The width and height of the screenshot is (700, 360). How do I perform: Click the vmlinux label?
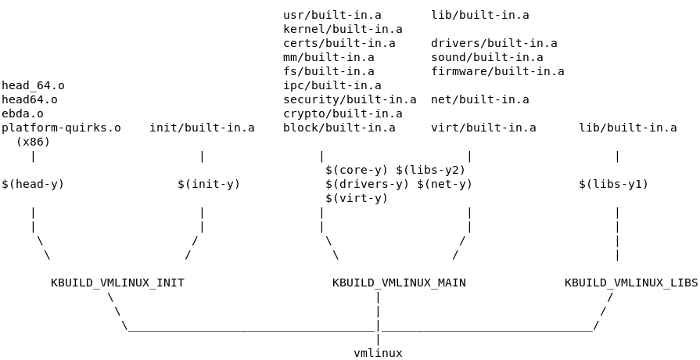pos(378,352)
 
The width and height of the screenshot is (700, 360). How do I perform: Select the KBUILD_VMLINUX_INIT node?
pos(117,283)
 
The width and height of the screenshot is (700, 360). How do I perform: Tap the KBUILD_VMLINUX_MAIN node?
pos(399,283)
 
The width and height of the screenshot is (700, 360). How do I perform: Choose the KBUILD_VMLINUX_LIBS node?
pos(631,283)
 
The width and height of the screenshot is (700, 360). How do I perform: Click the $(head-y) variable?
pos(33,184)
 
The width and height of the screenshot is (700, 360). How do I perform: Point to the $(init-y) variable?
pos(209,184)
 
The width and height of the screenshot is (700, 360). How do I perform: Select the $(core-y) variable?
pos(357,170)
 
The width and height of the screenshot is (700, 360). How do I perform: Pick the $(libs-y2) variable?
pos(431,170)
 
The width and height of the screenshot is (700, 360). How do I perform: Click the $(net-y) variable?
pos(445,184)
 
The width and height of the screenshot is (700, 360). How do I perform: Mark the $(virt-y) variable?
pos(357,198)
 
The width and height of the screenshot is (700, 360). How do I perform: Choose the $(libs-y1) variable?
pos(613,184)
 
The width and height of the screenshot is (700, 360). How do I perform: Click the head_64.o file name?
pos(33,85)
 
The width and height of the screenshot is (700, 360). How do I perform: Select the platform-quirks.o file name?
pos(61,128)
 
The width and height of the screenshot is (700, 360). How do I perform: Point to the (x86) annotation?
pos(33,142)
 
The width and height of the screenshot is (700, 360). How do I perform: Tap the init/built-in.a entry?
pos(202,128)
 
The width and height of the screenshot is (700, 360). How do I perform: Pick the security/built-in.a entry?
pos(350,100)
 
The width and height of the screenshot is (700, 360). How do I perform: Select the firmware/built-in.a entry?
pos(498,71)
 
